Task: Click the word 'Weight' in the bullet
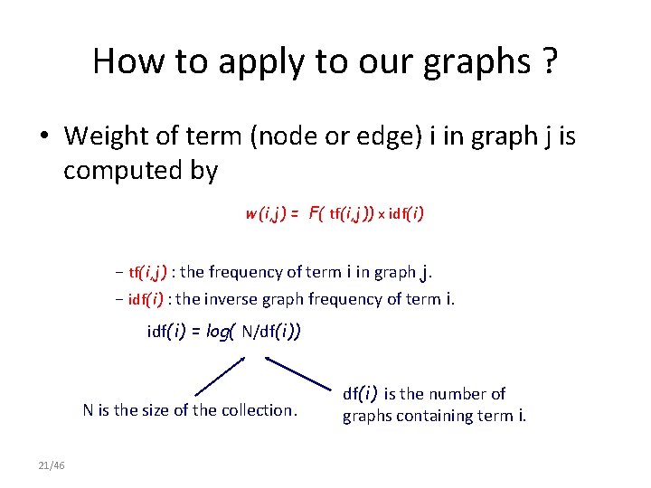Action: click(x=110, y=136)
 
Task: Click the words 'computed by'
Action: click(x=140, y=171)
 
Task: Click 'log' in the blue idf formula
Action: click(x=218, y=332)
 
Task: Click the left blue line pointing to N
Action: click(x=219, y=375)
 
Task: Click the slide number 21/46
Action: click(x=52, y=465)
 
